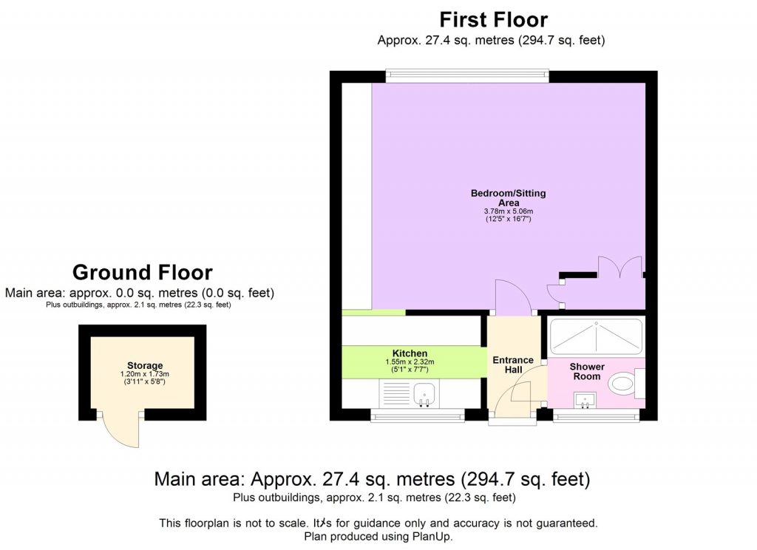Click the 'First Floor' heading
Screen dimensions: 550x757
493,18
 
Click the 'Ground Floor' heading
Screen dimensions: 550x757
142,273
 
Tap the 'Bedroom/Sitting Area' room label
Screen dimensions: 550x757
508,197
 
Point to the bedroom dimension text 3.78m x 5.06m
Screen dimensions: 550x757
508,211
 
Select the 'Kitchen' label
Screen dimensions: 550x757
410,353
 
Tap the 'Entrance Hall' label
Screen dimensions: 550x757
512,365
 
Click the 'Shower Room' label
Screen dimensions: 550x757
587,371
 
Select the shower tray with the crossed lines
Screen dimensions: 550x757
596,336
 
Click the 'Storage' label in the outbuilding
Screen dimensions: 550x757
144,365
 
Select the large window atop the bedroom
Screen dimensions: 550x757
466,76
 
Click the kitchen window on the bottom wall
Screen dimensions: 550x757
418,417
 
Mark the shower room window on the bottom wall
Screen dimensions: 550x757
596,417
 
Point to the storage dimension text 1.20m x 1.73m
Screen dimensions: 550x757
144,375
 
